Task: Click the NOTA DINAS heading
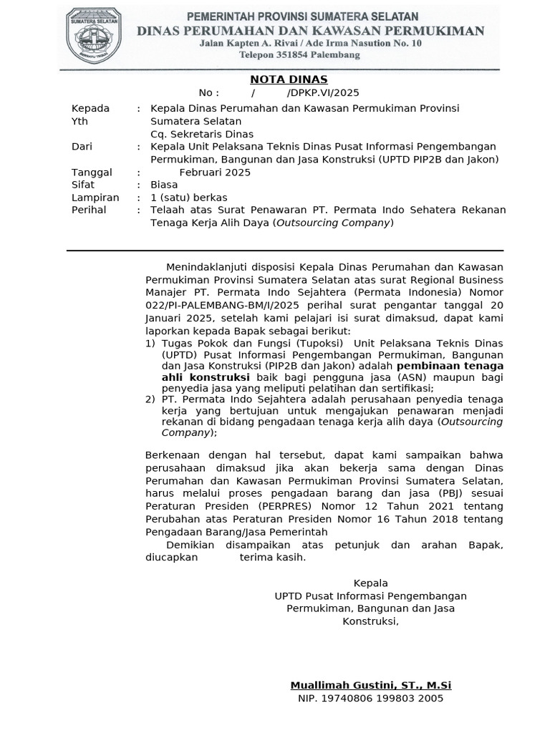click(x=288, y=79)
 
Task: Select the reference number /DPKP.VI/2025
click(x=322, y=93)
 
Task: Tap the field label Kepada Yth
click(x=91, y=115)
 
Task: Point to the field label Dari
click(x=82, y=147)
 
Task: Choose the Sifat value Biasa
click(x=164, y=185)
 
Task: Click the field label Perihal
click(x=89, y=210)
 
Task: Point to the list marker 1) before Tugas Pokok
click(x=150, y=344)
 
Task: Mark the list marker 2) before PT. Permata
click(x=150, y=399)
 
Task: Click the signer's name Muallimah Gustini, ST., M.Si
click(x=370, y=685)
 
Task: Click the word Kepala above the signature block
click(x=370, y=583)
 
